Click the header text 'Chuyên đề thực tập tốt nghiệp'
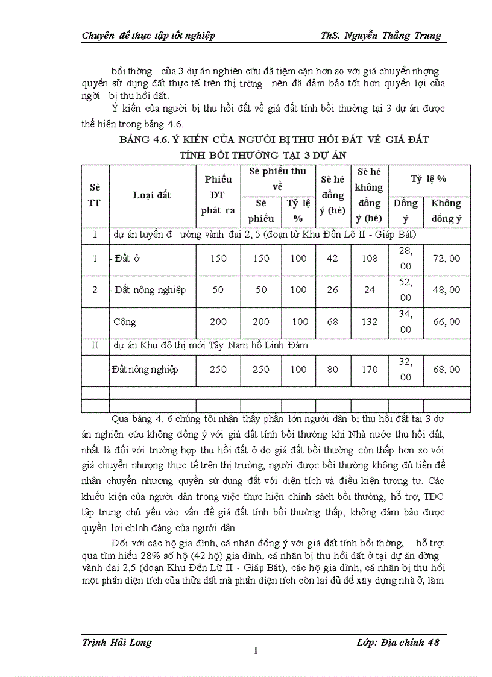(148, 36)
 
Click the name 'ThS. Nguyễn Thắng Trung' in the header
(381, 36)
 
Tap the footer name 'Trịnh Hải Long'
(116, 642)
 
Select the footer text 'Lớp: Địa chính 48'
(398, 642)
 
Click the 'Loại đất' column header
(152, 195)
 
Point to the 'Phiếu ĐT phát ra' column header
(218, 195)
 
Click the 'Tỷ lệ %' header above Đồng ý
(428, 179)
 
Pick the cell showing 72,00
(446, 259)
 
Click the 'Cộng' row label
(125, 322)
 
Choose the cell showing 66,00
(446, 322)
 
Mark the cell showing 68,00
(446, 370)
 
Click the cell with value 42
(332, 259)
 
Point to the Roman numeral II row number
(95, 345)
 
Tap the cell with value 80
(332, 370)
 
